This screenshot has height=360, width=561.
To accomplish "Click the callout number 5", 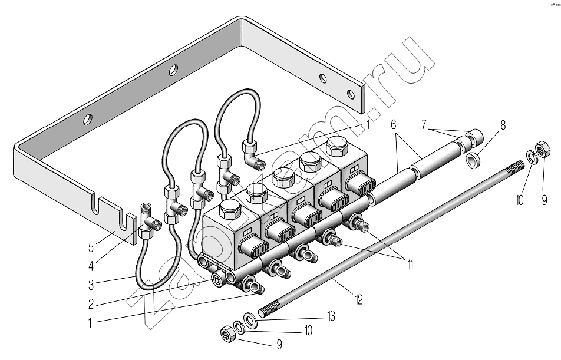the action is click(91, 247).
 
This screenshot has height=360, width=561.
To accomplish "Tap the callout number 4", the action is click(91, 266).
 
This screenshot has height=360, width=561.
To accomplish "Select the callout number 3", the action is click(91, 285).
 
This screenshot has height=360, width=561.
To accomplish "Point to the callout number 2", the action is click(91, 304).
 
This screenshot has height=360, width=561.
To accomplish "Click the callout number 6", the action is click(394, 124).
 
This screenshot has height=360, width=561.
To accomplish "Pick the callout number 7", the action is click(424, 124).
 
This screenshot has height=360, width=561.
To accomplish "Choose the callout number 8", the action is click(503, 125).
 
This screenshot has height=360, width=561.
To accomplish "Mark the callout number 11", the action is click(410, 265).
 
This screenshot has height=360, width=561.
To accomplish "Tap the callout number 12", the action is click(358, 299).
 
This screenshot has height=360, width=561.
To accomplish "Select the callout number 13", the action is click(331, 316).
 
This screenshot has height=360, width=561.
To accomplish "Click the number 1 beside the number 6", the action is click(368, 125).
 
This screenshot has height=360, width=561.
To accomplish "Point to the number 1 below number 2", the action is click(90, 323).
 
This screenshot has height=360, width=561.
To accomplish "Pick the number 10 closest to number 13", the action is click(308, 331).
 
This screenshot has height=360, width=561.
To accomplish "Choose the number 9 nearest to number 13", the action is click(279, 344).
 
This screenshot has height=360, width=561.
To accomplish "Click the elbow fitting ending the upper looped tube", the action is click(253, 154).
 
